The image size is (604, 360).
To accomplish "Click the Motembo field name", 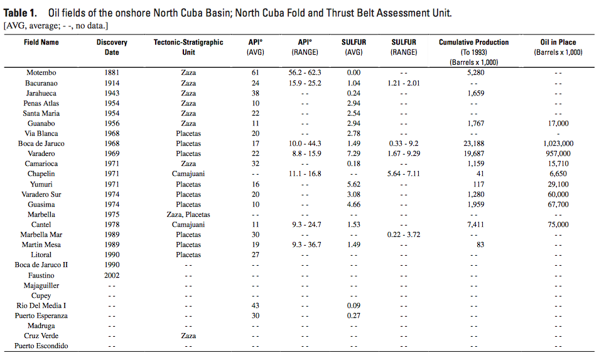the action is [41, 72].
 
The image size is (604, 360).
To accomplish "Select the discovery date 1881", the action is [112, 72].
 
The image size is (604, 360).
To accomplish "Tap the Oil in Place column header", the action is [558, 47].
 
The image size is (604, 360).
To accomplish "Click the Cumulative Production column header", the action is [474, 52].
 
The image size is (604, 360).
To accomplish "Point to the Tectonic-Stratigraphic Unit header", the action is [188, 47].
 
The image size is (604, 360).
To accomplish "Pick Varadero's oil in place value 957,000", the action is [558, 153].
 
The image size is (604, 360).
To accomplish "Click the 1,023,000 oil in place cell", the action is [558, 143].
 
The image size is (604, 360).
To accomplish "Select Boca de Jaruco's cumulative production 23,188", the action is [474, 143].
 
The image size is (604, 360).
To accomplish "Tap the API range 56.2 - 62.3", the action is [305, 72].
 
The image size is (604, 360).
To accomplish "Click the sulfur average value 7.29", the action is [353, 153].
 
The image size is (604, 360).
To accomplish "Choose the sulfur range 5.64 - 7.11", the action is [404, 174].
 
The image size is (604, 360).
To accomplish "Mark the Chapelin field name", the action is [41, 174].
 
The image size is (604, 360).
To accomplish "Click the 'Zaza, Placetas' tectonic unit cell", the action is [188, 214].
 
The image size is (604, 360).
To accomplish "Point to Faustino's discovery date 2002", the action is [112, 275].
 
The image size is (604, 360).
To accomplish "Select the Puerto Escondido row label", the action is [41, 346].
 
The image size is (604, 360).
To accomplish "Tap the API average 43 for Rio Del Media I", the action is [256, 305].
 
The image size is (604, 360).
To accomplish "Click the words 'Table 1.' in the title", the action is [21, 13].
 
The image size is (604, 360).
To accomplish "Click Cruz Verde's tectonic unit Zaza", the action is [188, 335].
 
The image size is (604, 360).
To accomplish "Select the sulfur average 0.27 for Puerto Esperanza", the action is [353, 315].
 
